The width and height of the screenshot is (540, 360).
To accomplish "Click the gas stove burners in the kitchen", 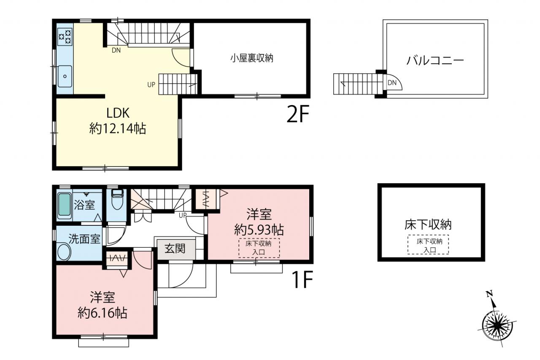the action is (x=65, y=36).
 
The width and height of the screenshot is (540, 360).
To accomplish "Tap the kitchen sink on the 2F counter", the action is (x=65, y=76).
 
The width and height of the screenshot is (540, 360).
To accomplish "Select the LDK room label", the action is (x=118, y=113).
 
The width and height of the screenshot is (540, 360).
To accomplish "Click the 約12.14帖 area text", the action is (x=118, y=128).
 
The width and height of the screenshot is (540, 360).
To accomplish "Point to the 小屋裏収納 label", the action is (x=252, y=58).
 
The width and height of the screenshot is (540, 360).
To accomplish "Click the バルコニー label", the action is (x=435, y=60).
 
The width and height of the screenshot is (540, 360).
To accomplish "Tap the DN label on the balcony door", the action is (x=392, y=83).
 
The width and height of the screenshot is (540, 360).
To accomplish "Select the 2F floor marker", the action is (x=298, y=114).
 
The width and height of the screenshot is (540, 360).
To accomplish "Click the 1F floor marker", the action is (x=302, y=279).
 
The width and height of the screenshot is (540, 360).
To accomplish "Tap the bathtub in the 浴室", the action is (x=65, y=206).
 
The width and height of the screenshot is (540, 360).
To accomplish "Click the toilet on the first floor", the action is (x=117, y=200).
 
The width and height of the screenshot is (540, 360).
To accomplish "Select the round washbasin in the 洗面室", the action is (x=65, y=252).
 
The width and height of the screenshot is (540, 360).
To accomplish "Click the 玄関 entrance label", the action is (x=175, y=249).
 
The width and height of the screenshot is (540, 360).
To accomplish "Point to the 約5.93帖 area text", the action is (x=259, y=230).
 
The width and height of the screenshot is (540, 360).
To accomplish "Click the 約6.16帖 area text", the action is (x=103, y=313).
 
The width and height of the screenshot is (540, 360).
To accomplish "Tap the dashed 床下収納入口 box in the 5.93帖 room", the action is (x=259, y=248).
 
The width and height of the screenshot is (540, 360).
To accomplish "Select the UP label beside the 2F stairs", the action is (x=151, y=85).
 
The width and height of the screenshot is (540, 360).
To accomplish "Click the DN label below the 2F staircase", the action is (x=116, y=50).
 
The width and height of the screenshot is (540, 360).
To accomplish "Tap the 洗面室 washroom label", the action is (x=84, y=239).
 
